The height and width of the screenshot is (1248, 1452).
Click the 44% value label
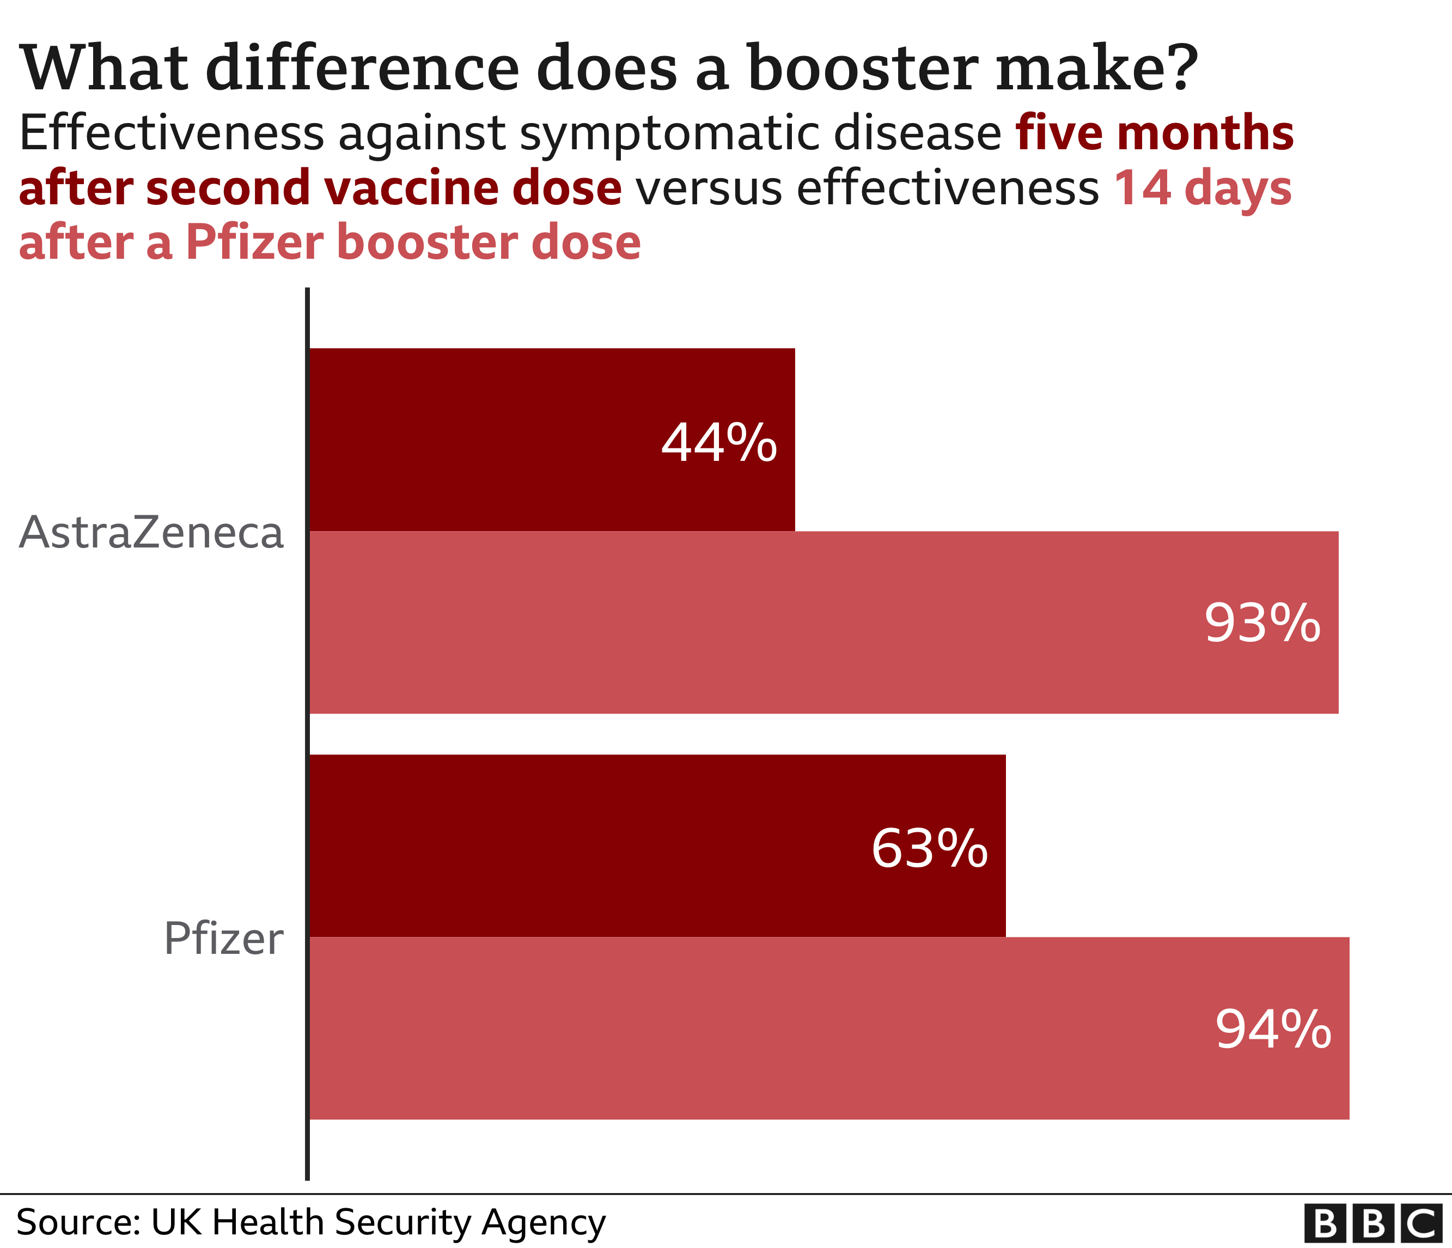click(718, 443)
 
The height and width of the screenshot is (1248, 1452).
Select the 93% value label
click(1262, 623)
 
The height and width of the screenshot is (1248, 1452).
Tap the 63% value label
click(929, 849)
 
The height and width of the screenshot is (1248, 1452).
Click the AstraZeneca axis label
click(151, 533)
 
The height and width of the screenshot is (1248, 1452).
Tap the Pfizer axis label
click(223, 939)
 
